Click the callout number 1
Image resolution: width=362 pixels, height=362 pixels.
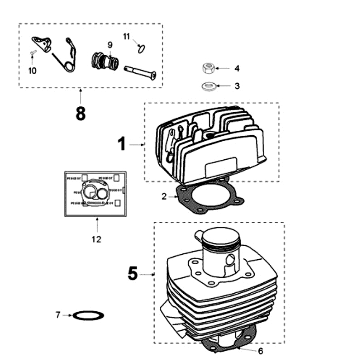[121, 144]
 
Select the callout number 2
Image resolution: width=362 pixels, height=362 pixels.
[164, 196]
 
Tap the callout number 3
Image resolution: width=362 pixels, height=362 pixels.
[237, 86]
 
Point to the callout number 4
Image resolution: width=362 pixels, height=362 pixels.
[237, 69]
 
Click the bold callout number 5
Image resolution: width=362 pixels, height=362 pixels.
[132, 274]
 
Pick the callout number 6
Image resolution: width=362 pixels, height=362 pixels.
[260, 351]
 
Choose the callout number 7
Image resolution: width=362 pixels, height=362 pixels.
[58, 314]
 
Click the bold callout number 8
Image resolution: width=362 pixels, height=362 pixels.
[81, 114]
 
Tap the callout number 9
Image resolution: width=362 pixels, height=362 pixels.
[110, 44]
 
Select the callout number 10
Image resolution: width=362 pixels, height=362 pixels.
[32, 71]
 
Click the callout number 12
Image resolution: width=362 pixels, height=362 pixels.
[96, 239]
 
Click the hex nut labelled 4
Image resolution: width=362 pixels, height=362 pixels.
[208, 69]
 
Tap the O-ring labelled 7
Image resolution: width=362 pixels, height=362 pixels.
[89, 315]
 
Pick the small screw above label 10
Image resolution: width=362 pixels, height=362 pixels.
[33, 53]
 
